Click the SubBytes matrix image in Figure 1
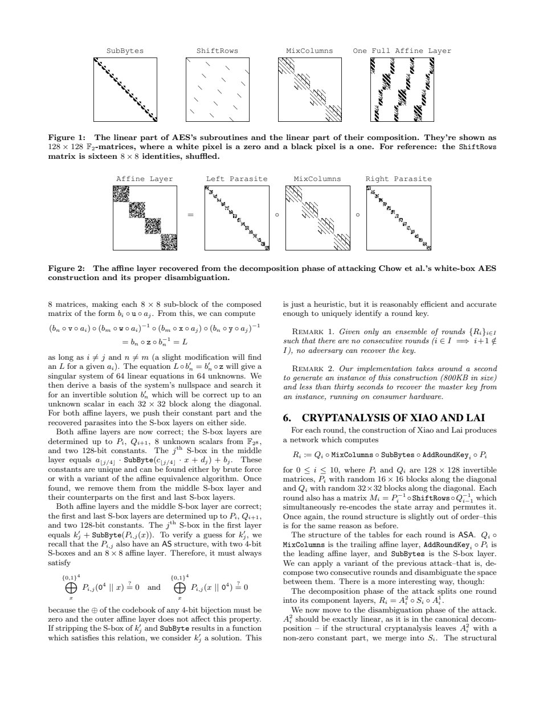[125, 90]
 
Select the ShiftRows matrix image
[218, 90]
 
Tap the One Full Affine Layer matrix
[402, 90]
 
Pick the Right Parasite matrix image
[399, 218]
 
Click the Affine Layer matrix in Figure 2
[145, 218]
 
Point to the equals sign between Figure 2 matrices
[191, 215]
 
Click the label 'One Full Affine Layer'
[402, 51]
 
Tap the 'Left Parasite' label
[236, 179]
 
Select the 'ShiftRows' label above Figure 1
[217, 51]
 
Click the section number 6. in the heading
[288, 418]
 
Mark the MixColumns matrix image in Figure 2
[317, 218]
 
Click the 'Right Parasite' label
[398, 179]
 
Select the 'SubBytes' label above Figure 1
[125, 51]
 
